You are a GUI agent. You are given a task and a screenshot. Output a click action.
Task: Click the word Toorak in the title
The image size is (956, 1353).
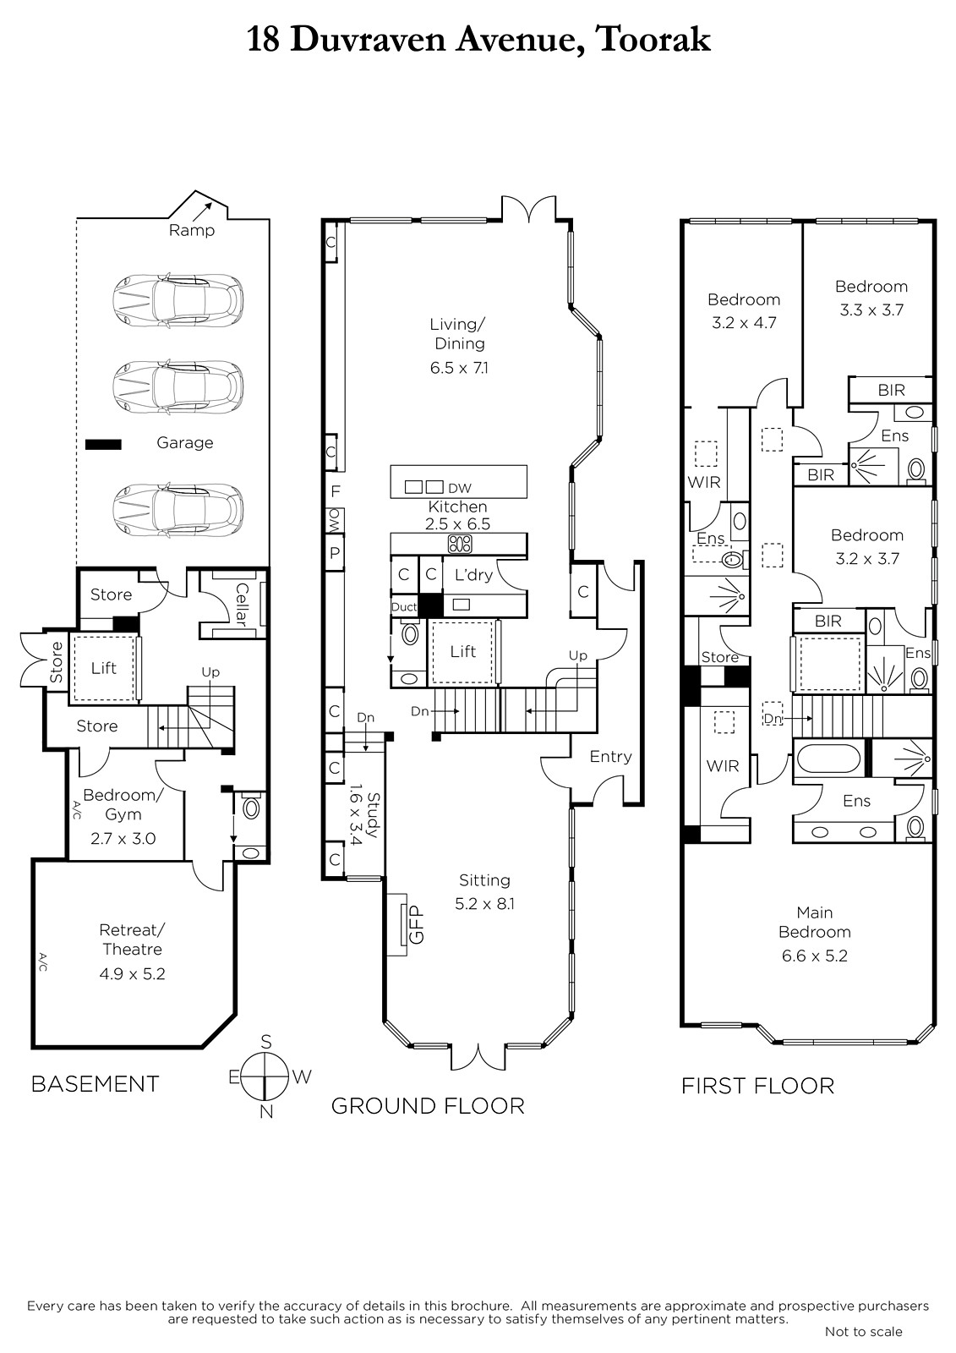(x=653, y=41)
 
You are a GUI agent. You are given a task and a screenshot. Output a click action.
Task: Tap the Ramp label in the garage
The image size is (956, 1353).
(x=191, y=230)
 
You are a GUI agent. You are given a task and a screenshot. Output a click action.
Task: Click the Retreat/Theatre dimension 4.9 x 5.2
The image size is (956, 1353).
(x=132, y=973)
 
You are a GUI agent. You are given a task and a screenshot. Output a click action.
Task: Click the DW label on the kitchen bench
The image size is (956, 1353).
(x=460, y=488)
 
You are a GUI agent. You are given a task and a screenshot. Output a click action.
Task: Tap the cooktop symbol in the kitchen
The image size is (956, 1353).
(x=460, y=545)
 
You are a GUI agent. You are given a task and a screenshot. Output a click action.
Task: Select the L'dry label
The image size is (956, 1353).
(x=473, y=574)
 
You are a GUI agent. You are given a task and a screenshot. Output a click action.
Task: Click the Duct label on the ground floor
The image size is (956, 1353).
(x=404, y=607)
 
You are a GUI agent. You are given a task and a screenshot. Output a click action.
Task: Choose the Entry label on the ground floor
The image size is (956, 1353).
(x=610, y=756)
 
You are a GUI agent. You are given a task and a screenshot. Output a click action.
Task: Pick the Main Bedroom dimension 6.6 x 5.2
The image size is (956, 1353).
(x=815, y=956)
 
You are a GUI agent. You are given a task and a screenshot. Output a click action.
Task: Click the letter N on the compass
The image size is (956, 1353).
(x=265, y=1111)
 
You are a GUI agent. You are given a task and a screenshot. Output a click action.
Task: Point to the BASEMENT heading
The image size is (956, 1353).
(x=95, y=1084)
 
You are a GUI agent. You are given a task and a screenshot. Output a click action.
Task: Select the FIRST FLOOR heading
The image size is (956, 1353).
(x=758, y=1086)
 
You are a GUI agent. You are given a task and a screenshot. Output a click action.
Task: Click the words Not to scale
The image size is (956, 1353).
(x=864, y=1331)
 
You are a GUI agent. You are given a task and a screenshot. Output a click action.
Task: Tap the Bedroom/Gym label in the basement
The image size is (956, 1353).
(x=123, y=804)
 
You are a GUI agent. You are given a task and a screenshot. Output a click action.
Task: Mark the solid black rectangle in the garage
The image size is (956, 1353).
(x=103, y=445)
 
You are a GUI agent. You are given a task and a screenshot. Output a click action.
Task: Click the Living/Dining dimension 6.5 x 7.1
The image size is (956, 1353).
(x=459, y=367)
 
